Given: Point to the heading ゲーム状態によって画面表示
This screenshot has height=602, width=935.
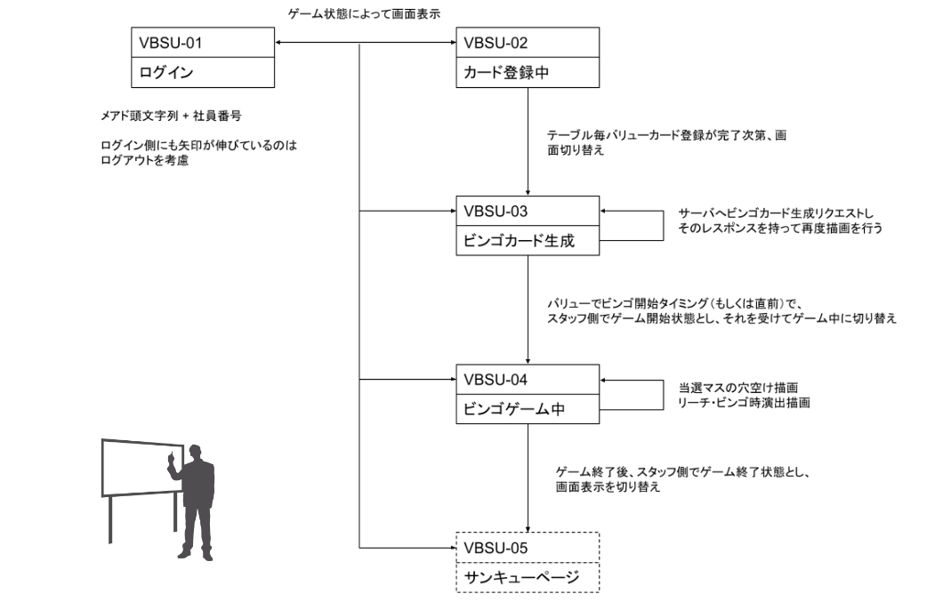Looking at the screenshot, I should click(x=364, y=12).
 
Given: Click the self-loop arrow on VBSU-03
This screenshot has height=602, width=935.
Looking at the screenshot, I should click(x=663, y=226).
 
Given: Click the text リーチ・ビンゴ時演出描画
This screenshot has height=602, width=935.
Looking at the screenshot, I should click(x=740, y=403).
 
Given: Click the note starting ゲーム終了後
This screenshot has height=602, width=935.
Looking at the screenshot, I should click(x=685, y=480).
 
